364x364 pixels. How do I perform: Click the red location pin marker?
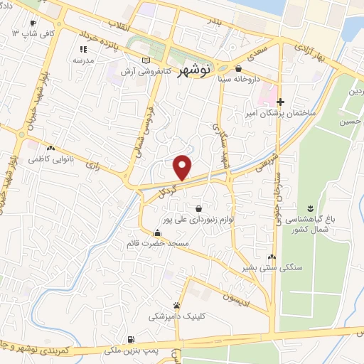[x=183, y=167]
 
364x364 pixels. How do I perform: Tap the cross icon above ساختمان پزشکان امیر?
[x=281, y=102]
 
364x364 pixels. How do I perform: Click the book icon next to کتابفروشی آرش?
[x=146, y=61]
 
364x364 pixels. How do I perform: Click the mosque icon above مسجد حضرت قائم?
[x=157, y=232]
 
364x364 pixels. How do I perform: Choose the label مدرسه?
[x=83, y=60]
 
